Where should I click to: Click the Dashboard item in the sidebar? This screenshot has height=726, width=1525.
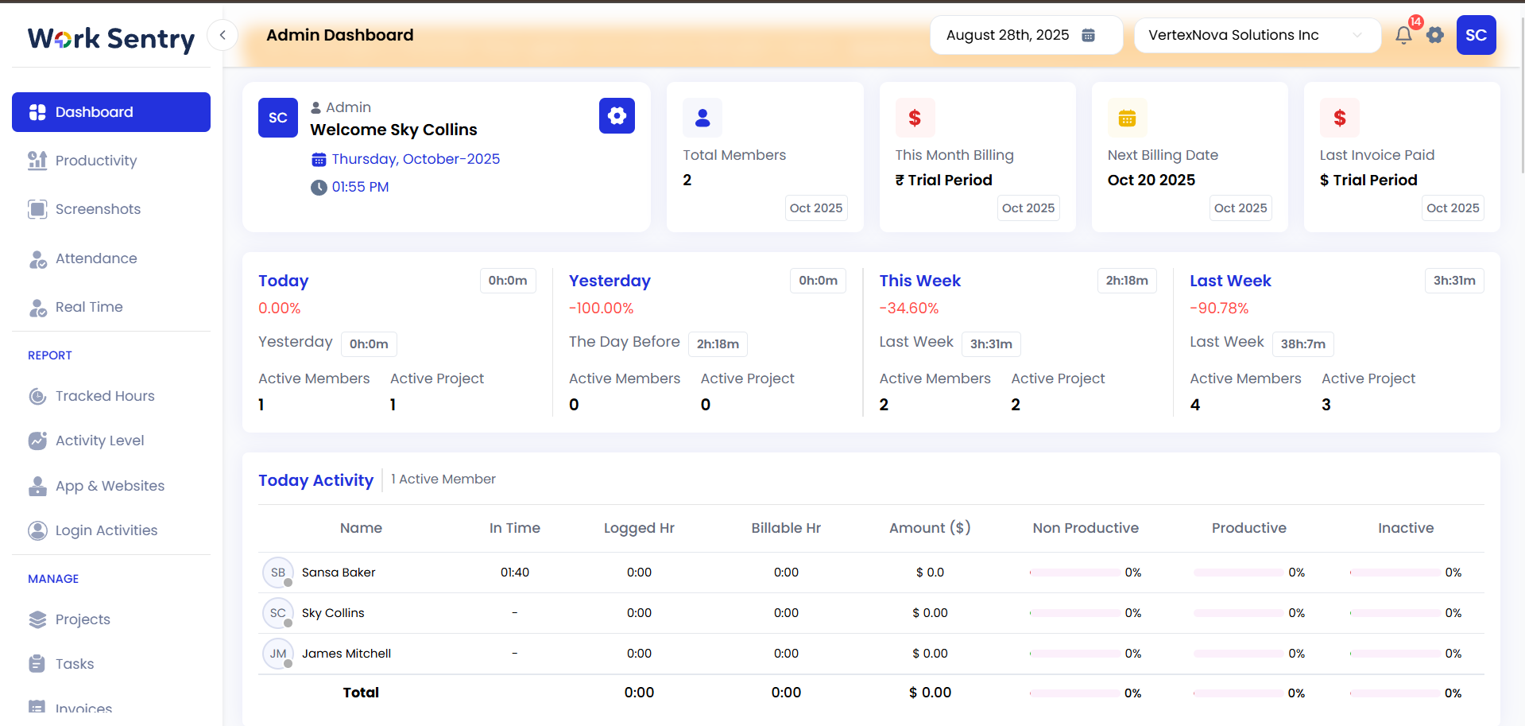click(111, 112)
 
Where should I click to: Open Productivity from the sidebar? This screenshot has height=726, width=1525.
click(95, 161)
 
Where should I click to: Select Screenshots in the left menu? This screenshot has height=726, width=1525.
click(97, 209)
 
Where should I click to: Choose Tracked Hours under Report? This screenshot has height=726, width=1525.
click(104, 396)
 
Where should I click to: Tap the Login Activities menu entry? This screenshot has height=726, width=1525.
click(106, 530)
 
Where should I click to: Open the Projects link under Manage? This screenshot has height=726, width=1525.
click(82, 619)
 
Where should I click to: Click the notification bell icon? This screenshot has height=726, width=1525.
click(1403, 36)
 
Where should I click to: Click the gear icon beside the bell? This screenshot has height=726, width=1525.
click(1434, 36)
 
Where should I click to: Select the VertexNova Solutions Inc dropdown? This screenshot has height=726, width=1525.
click(1256, 36)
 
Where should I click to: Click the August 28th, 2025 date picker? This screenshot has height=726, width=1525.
click(1025, 36)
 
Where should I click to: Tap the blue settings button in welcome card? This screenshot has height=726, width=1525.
click(617, 116)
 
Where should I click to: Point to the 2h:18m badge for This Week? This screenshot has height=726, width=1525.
click(1126, 281)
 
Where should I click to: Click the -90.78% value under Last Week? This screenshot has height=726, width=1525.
click(1218, 309)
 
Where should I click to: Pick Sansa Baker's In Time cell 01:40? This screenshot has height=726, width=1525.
click(514, 573)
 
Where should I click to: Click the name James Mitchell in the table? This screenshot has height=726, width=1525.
click(346, 654)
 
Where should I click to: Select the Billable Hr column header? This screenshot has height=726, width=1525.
click(785, 528)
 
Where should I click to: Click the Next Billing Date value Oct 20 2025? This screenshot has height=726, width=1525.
click(1151, 181)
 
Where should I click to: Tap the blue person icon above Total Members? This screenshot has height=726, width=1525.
click(702, 118)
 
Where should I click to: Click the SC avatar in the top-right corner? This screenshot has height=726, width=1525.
click(1476, 36)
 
